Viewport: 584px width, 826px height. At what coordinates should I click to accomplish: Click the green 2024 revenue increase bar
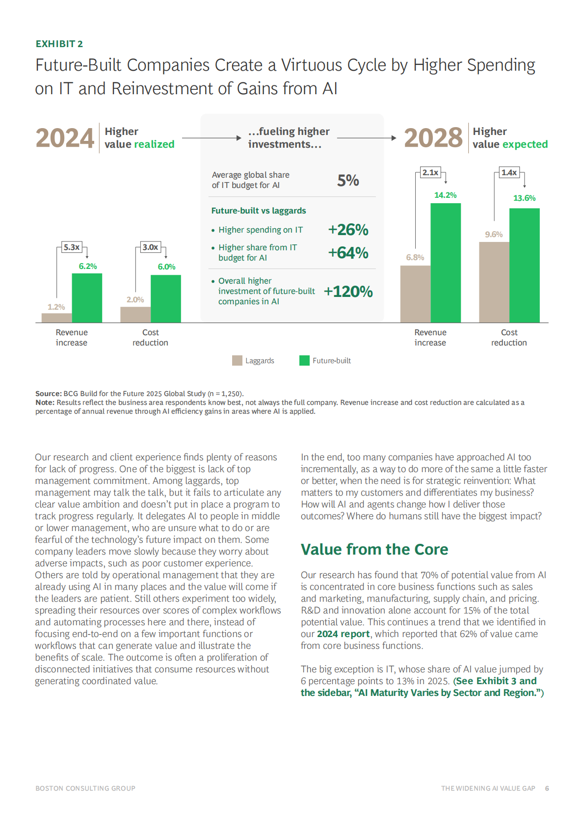87,297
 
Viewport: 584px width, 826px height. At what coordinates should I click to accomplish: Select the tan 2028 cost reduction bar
494,282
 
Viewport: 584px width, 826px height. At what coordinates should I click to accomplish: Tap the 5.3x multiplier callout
72,247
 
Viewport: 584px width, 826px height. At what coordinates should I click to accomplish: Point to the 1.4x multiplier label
509,172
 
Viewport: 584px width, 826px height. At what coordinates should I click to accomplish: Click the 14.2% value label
445,195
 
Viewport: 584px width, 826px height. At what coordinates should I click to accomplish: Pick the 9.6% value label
494,235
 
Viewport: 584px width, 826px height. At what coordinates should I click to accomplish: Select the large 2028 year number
433,138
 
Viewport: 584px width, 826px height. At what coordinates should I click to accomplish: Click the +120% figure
348,292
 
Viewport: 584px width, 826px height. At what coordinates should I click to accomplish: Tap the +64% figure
348,253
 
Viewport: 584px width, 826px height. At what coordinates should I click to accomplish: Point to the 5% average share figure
348,180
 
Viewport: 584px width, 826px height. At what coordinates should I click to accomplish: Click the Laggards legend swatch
237,361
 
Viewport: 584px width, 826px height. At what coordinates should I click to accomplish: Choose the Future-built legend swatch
304,361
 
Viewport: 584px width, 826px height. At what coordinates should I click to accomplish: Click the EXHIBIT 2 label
59,44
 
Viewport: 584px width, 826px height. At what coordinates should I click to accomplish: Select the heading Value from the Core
374,549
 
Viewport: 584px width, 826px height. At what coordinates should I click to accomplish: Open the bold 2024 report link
343,634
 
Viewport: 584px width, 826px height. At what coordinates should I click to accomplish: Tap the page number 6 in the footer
547,788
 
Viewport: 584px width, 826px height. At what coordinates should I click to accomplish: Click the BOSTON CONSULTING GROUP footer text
85,788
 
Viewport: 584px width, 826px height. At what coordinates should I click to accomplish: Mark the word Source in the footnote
48,394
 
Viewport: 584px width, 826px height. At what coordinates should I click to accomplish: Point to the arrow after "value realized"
212,138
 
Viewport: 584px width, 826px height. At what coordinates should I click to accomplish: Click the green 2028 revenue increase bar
446,263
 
